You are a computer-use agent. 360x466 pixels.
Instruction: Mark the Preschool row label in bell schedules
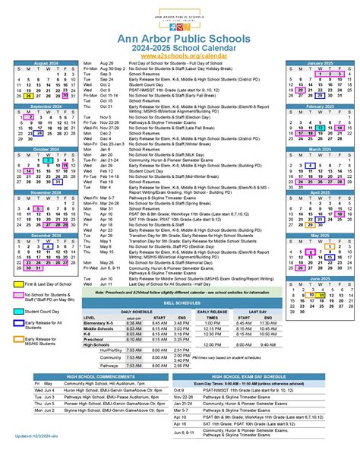click(x=95, y=340)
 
